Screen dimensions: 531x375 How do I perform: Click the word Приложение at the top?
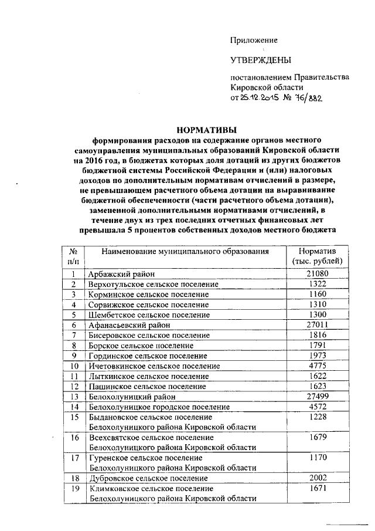pos(253,40)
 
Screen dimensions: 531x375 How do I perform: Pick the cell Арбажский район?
pos(121,273)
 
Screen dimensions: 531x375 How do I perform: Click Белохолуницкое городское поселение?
pos(158,407)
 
